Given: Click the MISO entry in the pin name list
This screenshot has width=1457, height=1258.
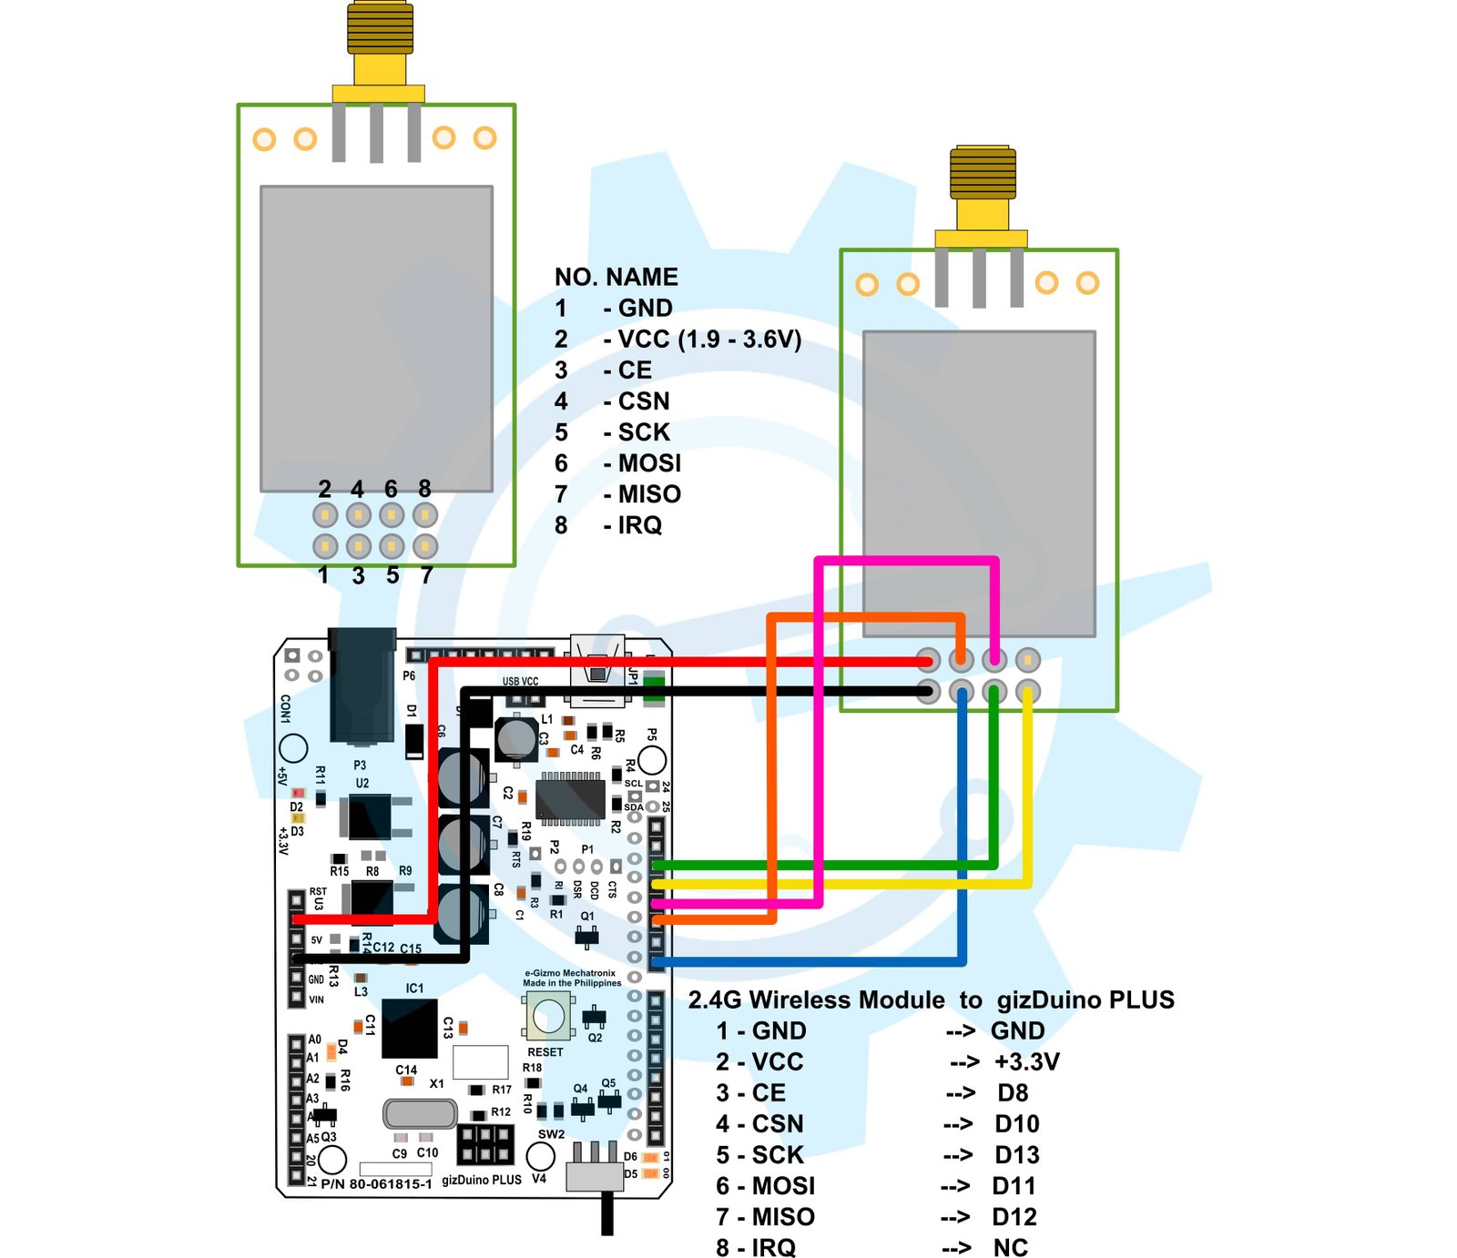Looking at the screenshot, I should click(648, 494).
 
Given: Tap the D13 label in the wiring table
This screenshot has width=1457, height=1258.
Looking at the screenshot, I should click(1016, 1155).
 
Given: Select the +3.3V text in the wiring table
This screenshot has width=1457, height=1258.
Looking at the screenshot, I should click(1026, 1062).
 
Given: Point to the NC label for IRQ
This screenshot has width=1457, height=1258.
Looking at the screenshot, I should click(1010, 1248).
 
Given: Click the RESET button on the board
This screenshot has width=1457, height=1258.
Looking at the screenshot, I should click(548, 1016).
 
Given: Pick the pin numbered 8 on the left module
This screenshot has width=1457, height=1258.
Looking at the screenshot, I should click(425, 515).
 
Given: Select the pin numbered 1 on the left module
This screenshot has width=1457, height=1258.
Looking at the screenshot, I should click(325, 546).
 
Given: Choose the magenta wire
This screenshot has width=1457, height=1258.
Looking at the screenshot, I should click(818, 728).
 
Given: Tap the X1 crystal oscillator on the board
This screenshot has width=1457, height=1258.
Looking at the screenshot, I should click(420, 1113).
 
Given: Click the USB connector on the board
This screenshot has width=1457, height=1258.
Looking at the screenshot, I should click(597, 672).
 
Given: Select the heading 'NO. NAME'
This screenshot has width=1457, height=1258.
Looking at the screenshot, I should click(616, 277).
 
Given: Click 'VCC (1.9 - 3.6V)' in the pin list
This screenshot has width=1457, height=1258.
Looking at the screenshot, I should click(708, 340).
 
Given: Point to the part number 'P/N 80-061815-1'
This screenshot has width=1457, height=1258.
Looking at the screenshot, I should click(376, 1184).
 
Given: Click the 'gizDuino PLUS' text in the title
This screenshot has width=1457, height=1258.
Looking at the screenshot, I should click(1085, 1000).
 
